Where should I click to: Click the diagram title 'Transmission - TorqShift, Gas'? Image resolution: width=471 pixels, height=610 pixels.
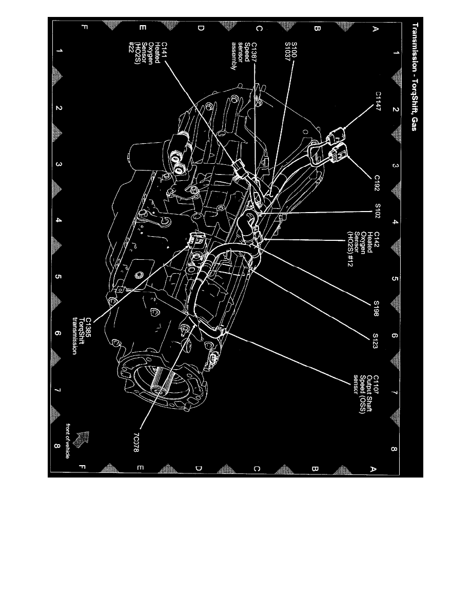tap(415, 77)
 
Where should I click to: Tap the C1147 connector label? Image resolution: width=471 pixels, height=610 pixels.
tap(378, 102)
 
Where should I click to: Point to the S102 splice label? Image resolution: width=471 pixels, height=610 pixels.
tap(377, 211)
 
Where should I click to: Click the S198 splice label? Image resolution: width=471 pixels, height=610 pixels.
tap(376, 308)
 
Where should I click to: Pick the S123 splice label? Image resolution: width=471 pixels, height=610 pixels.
tap(376, 341)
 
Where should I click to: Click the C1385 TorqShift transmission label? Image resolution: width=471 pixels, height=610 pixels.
tap(81, 336)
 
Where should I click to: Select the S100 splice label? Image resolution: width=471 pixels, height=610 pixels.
tap(294, 50)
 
